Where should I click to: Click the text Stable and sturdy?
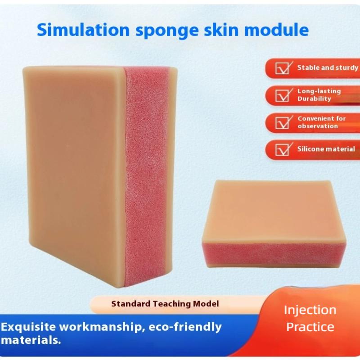pyautogui.click(x=328, y=68)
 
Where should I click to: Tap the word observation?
pyautogui.click(x=317, y=126)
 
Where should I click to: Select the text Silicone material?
pyautogui.click(x=326, y=149)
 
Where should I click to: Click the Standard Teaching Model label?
pyautogui.click(x=165, y=304)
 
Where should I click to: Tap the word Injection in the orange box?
pyautogui.click(x=310, y=310)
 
